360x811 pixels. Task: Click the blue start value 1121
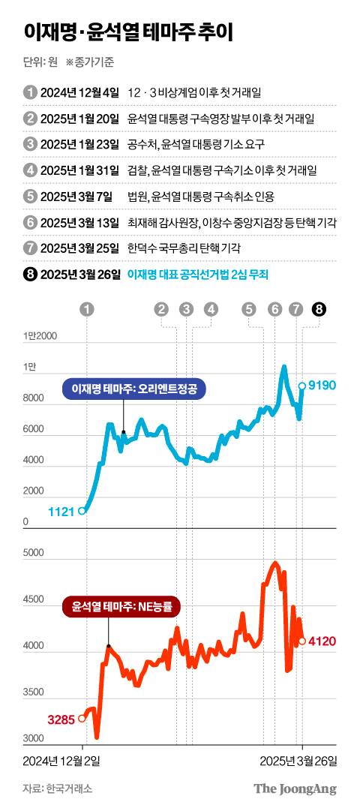[x=61, y=511]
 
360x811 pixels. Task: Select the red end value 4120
[x=323, y=641]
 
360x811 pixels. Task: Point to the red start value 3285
[x=61, y=719]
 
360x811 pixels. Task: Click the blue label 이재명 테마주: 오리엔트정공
[x=133, y=389]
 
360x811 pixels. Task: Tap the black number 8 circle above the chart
[x=319, y=308]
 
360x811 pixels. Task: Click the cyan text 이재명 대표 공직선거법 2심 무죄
[x=199, y=275]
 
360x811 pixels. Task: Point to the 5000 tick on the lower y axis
[x=34, y=553]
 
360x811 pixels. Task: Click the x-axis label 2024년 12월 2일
[x=61, y=761]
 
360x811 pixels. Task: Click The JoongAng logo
[x=295, y=788]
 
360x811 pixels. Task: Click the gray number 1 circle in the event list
[x=30, y=92]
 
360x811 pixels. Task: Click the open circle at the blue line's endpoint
[x=302, y=386]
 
